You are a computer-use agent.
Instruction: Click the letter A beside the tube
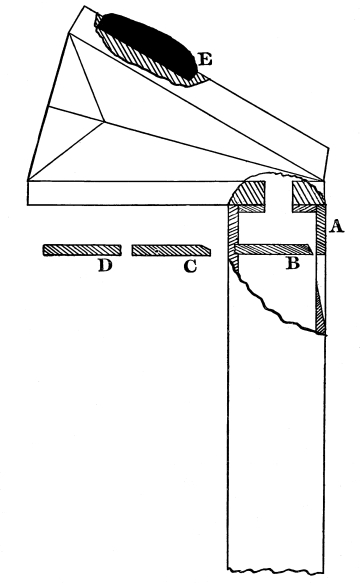(336, 226)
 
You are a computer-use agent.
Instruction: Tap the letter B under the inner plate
(292, 263)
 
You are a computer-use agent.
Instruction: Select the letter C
(190, 266)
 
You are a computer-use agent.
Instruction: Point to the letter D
(105, 265)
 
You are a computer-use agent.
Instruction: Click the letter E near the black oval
(205, 59)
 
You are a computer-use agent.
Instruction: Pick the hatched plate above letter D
(82, 250)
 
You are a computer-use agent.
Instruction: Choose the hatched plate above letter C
(171, 250)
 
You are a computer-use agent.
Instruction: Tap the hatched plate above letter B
(274, 250)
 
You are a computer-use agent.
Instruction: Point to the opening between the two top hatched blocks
(279, 197)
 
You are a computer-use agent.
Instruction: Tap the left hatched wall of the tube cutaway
(233, 236)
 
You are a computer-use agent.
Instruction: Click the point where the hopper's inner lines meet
(104, 121)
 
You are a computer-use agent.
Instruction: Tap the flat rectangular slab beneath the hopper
(127, 193)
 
